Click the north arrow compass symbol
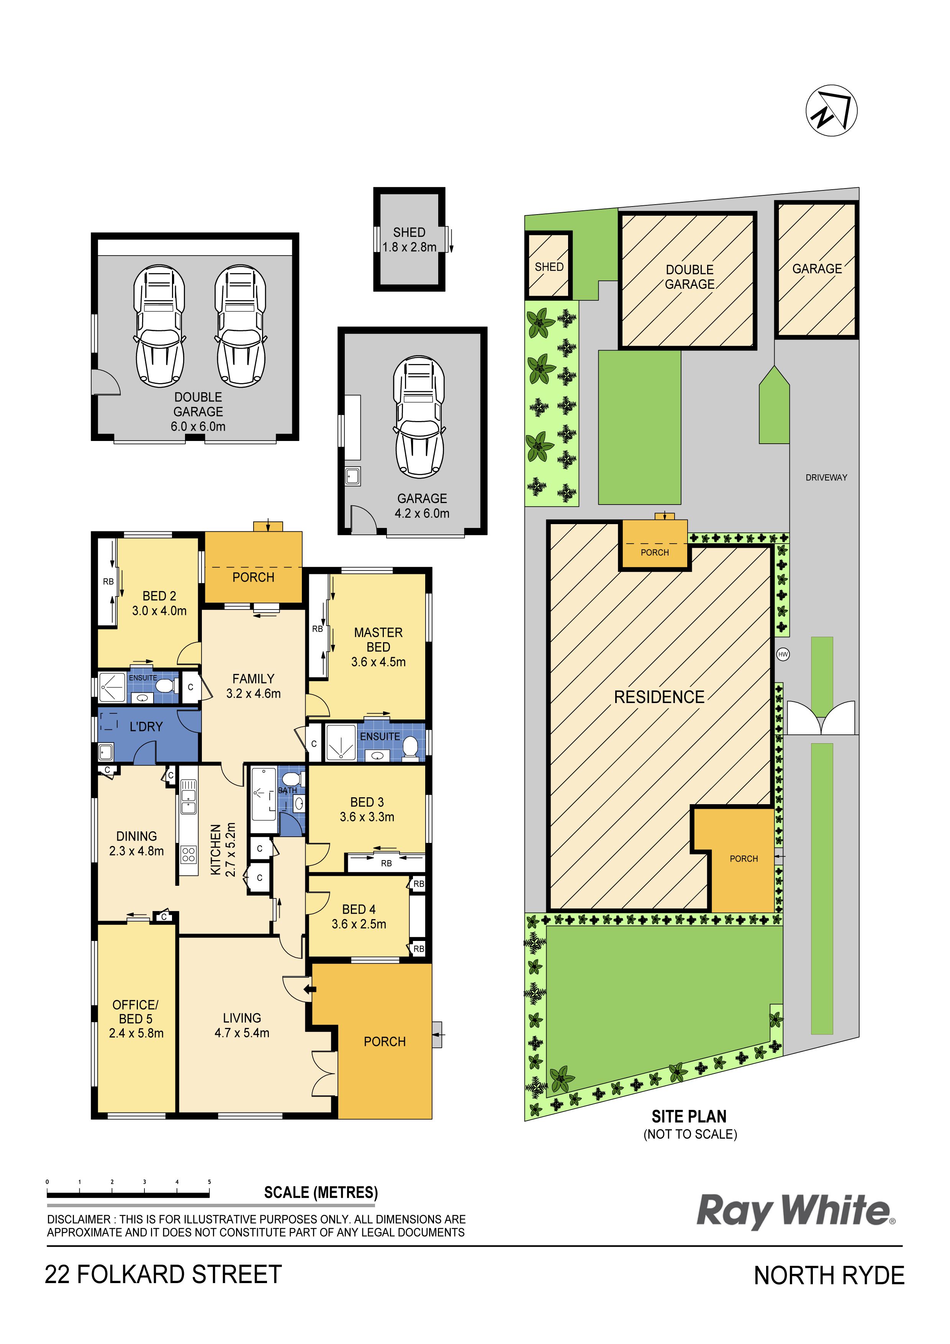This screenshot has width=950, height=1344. tap(831, 111)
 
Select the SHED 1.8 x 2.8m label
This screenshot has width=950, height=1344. tap(409, 240)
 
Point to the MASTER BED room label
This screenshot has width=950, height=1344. tap(378, 640)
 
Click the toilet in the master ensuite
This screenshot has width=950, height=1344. tap(410, 747)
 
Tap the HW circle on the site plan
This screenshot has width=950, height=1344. tap(783, 654)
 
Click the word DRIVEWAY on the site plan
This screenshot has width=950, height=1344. tap(826, 478)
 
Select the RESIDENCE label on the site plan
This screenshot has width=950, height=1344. tap(659, 697)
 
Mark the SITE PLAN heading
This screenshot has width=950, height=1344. tap(689, 1117)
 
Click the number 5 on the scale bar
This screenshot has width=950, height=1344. tap(209, 1182)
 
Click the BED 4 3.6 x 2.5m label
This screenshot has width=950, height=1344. tap(359, 917)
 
